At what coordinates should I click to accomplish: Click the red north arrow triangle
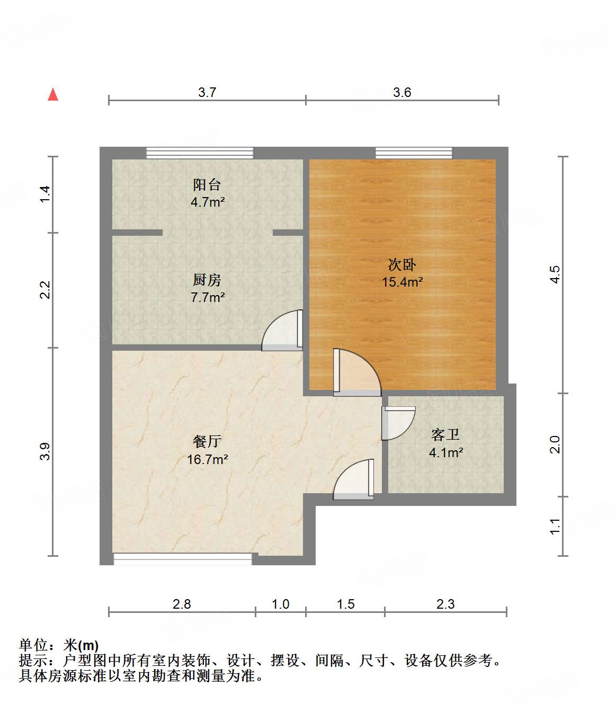click(53, 94)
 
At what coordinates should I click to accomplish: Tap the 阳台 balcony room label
click(207, 185)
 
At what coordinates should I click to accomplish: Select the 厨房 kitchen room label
click(207, 280)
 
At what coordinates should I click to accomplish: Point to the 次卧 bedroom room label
click(402, 264)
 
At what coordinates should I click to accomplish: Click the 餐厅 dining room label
click(207, 441)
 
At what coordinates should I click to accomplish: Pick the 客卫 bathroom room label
click(445, 435)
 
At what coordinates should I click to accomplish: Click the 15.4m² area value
click(403, 282)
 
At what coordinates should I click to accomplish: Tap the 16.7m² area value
click(207, 459)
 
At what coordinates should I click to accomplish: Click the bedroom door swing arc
click(358, 371)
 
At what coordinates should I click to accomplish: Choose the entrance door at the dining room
click(352, 480)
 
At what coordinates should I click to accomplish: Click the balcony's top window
click(200, 153)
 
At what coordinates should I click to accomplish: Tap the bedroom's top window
click(414, 153)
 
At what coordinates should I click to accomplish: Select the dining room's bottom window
click(183, 558)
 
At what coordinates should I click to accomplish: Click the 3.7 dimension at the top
click(207, 92)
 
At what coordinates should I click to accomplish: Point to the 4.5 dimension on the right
click(555, 274)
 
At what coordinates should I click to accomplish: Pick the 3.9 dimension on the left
click(45, 451)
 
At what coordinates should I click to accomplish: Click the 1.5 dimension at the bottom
click(345, 604)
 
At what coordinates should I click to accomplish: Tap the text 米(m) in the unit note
click(81, 645)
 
